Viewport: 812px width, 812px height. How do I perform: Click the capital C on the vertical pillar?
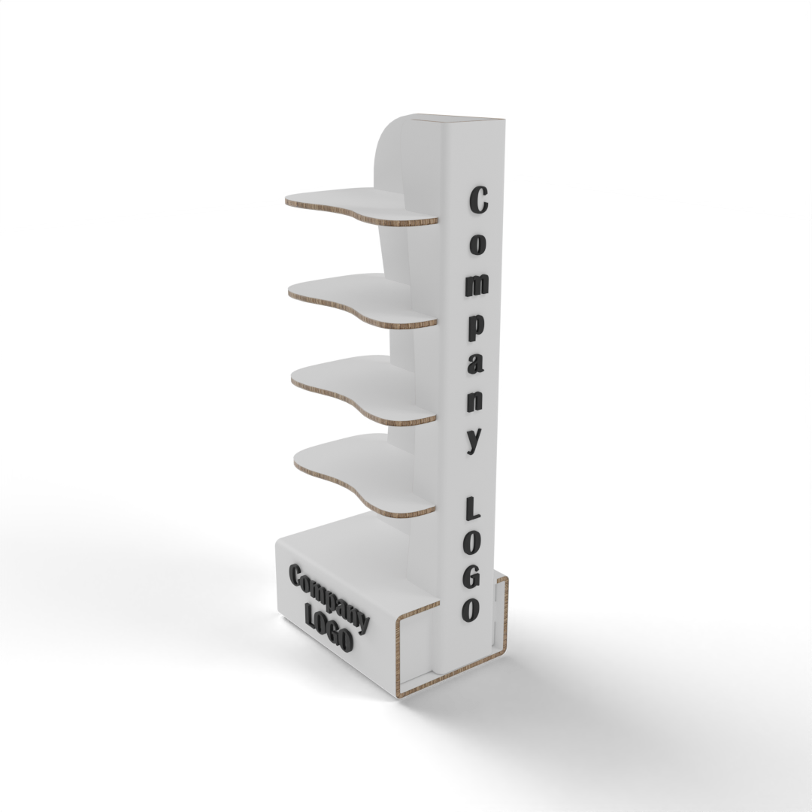(x=478, y=200)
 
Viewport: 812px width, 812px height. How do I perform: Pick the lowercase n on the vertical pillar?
(x=475, y=400)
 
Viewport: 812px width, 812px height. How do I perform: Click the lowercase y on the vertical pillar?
(x=474, y=440)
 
